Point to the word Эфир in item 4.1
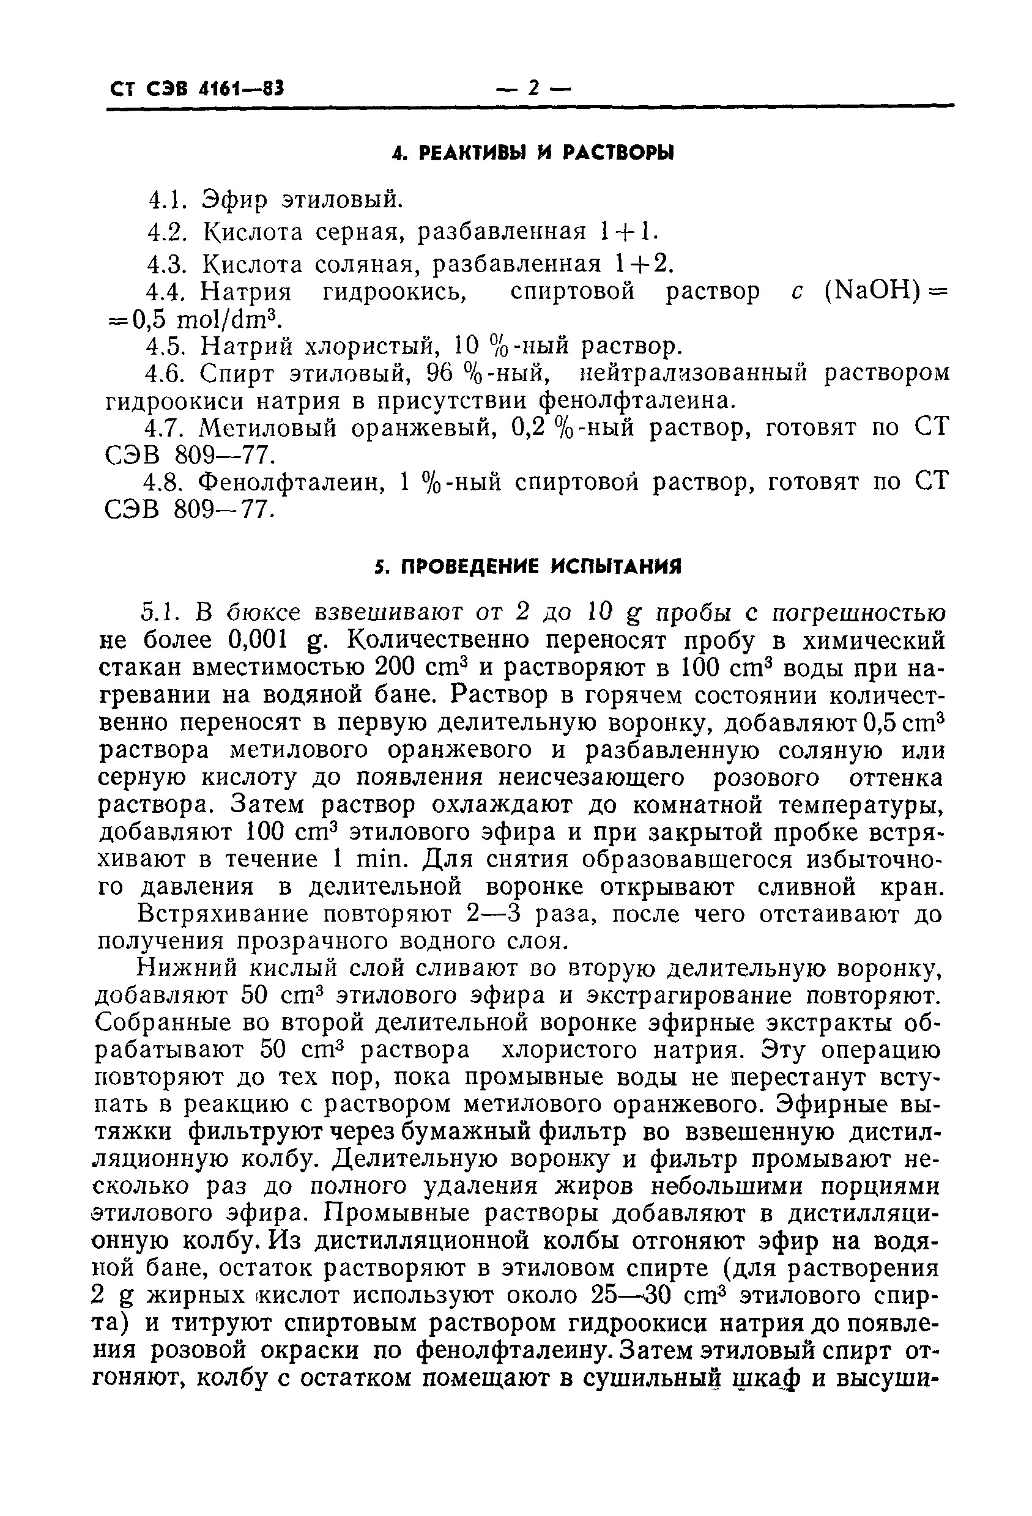[x=234, y=199]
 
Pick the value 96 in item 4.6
[x=440, y=373]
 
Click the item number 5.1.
[x=157, y=613]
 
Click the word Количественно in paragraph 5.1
[x=431, y=640]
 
